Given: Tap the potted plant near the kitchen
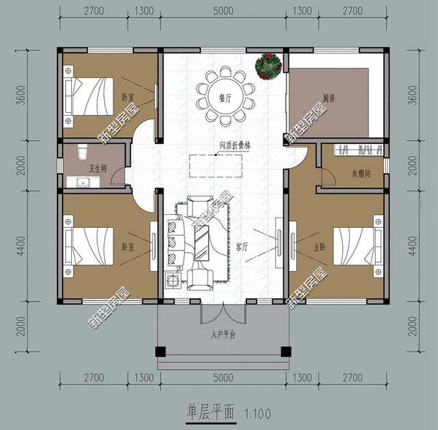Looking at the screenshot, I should [x=268, y=65].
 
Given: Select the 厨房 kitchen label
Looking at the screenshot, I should [x=329, y=98].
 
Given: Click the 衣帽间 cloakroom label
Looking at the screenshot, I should [x=361, y=174].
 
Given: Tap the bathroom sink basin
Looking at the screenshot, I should [x=84, y=182].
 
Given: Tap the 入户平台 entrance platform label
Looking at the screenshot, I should [x=223, y=336].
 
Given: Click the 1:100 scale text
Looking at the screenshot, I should [x=257, y=414].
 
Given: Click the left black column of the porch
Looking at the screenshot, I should [x=160, y=352].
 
